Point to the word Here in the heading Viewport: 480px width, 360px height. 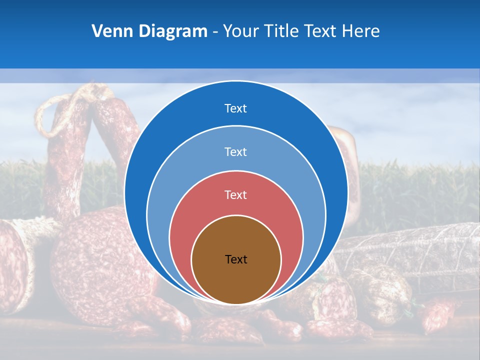coord(360,31)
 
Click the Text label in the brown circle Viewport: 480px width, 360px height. coord(236,259)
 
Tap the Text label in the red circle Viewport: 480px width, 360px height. coord(236,195)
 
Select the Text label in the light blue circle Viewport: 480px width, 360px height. coord(236,151)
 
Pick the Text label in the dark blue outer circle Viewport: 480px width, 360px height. coord(236,108)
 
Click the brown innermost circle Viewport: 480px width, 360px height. coord(236,280)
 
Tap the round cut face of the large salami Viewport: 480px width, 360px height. coord(95,260)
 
